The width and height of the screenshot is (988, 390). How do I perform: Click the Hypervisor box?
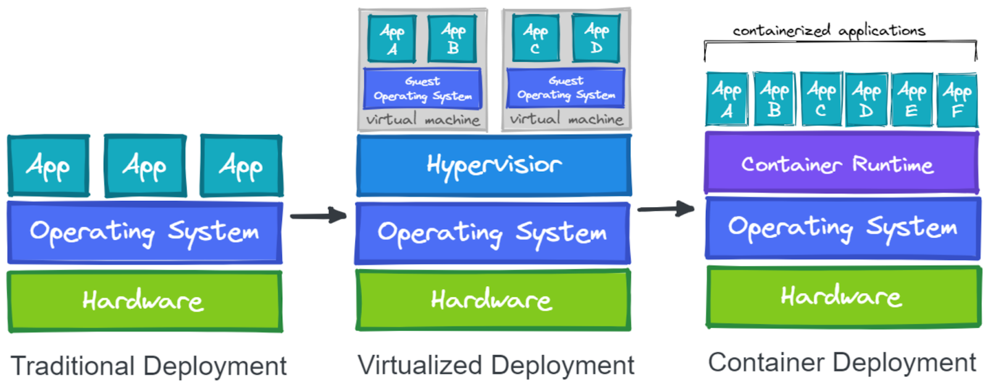click(x=493, y=165)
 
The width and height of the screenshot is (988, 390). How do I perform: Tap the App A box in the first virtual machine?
click(x=391, y=39)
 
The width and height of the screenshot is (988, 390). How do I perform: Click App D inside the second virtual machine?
click(x=596, y=38)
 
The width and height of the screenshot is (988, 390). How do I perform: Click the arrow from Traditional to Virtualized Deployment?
click(x=318, y=216)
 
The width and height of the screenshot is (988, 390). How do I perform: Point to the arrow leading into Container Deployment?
click(x=666, y=209)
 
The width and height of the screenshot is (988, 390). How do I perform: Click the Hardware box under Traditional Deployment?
click(x=144, y=301)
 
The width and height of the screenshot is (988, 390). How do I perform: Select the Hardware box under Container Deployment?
click(x=843, y=297)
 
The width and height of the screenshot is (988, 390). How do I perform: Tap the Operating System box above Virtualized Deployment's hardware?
click(x=492, y=233)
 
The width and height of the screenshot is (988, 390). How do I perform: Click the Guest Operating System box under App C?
click(x=566, y=88)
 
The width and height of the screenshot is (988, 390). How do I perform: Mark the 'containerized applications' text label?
click(x=829, y=30)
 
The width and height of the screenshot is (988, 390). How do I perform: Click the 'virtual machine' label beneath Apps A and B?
click(x=422, y=119)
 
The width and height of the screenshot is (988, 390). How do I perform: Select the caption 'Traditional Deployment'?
click(x=148, y=366)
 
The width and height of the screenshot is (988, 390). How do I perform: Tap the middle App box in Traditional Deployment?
click(x=145, y=166)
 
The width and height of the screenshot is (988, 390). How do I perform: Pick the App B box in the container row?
click(x=774, y=100)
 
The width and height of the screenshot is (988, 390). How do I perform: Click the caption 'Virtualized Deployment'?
click(x=496, y=365)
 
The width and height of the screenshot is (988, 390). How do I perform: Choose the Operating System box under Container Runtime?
click(x=842, y=227)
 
